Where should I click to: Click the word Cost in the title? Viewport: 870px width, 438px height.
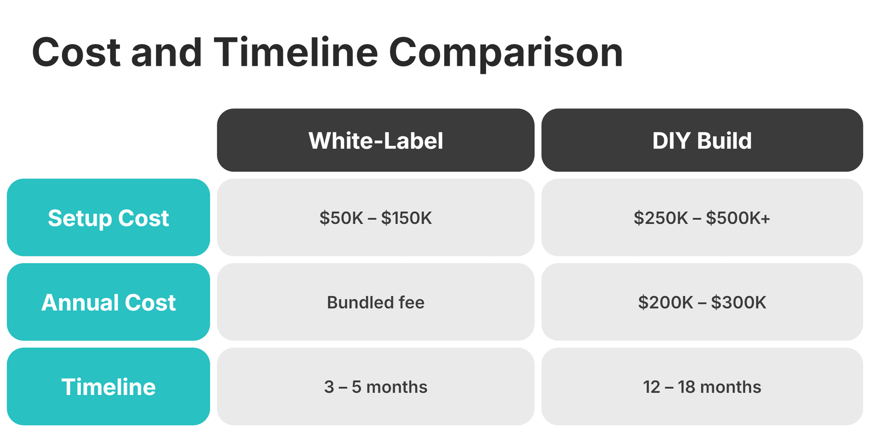click(x=76, y=53)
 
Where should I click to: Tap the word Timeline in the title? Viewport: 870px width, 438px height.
click(x=295, y=53)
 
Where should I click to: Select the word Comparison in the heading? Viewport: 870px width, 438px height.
click(x=506, y=54)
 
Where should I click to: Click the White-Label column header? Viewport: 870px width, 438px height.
click(x=376, y=140)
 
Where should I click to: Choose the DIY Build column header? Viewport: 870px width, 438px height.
click(x=702, y=140)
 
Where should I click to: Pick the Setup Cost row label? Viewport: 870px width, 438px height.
click(x=108, y=218)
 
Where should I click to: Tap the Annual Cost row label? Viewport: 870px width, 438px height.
click(x=108, y=302)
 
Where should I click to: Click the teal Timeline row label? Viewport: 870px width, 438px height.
click(x=108, y=386)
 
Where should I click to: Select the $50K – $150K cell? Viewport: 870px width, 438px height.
click(x=376, y=218)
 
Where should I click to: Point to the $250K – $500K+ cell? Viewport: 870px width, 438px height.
click(x=702, y=218)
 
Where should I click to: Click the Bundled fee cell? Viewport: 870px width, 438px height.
click(x=376, y=302)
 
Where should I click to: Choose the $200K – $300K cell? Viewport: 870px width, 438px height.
click(x=702, y=302)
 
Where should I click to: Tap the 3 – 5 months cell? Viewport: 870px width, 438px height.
click(x=376, y=386)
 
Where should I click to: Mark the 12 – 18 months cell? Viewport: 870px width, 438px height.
click(x=702, y=386)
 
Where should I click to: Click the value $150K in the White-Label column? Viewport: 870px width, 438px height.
click(x=406, y=218)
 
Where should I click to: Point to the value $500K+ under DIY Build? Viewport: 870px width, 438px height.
click(x=738, y=218)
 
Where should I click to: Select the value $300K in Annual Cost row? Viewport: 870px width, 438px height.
click(x=739, y=302)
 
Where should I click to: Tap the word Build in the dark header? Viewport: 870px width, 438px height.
click(x=724, y=141)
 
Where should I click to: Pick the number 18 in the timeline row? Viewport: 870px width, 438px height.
click(x=686, y=387)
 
